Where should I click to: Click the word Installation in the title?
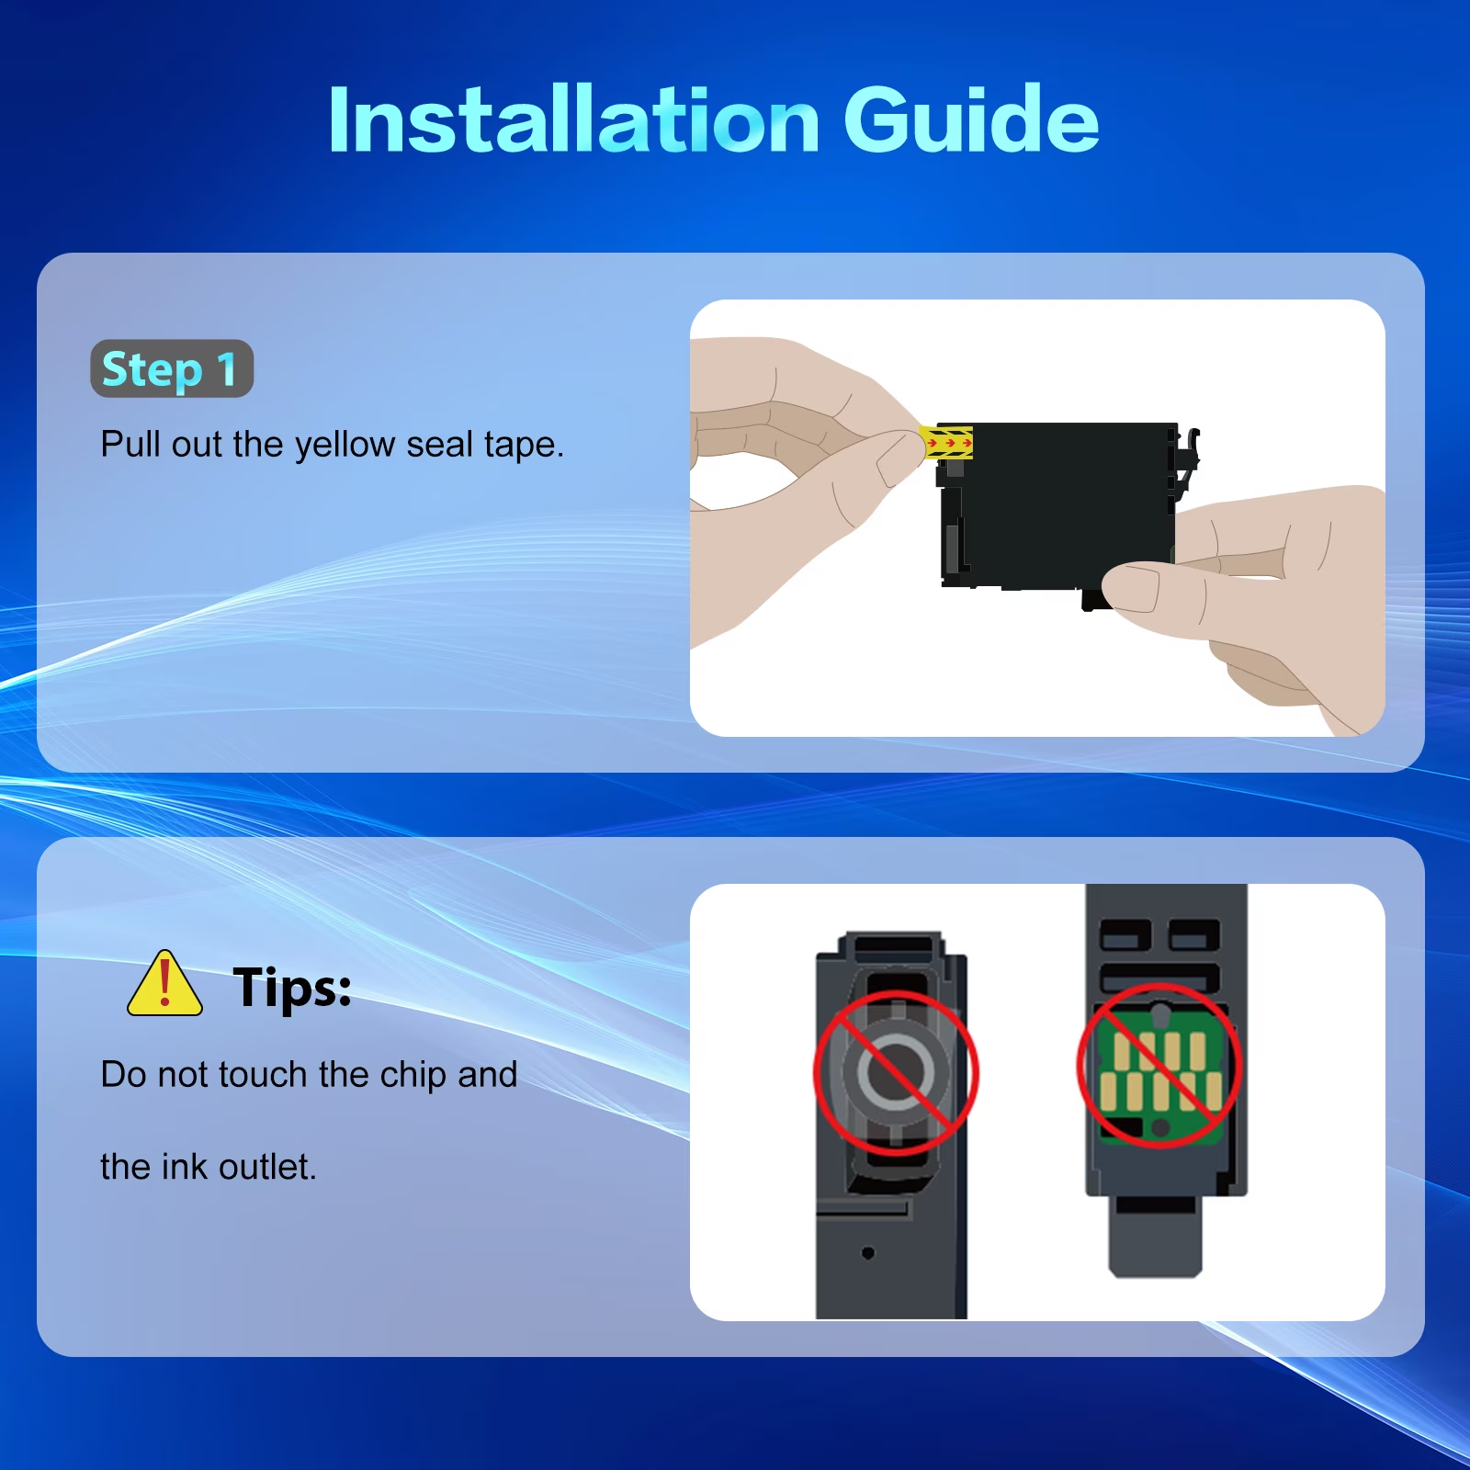574,119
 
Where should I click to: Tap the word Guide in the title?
971,119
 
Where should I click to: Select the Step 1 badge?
172,368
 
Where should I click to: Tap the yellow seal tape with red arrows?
946,442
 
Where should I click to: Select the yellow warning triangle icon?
164,983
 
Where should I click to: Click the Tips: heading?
292,988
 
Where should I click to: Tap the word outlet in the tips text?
267,1168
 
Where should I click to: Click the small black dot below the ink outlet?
868,1253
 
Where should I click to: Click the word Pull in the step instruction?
130,445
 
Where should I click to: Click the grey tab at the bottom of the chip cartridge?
1156,1237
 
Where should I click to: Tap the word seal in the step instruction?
439,445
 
